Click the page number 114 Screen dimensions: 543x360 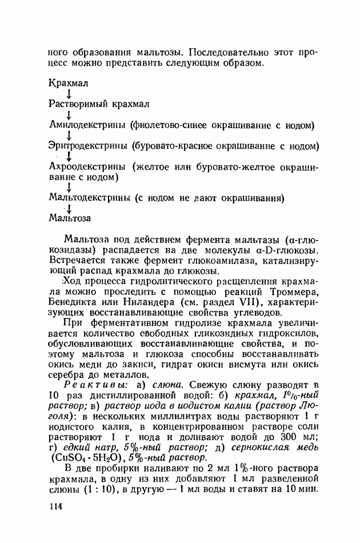pos(56,506)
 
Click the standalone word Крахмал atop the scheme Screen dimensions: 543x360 pos(69,83)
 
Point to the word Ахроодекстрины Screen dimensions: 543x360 pos(87,167)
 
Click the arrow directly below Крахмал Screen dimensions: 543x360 pos(69,93)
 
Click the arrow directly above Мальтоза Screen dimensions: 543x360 pos(69,209)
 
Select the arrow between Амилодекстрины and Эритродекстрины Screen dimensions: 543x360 pos(69,135)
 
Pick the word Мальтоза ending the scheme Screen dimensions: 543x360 pos(70,218)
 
